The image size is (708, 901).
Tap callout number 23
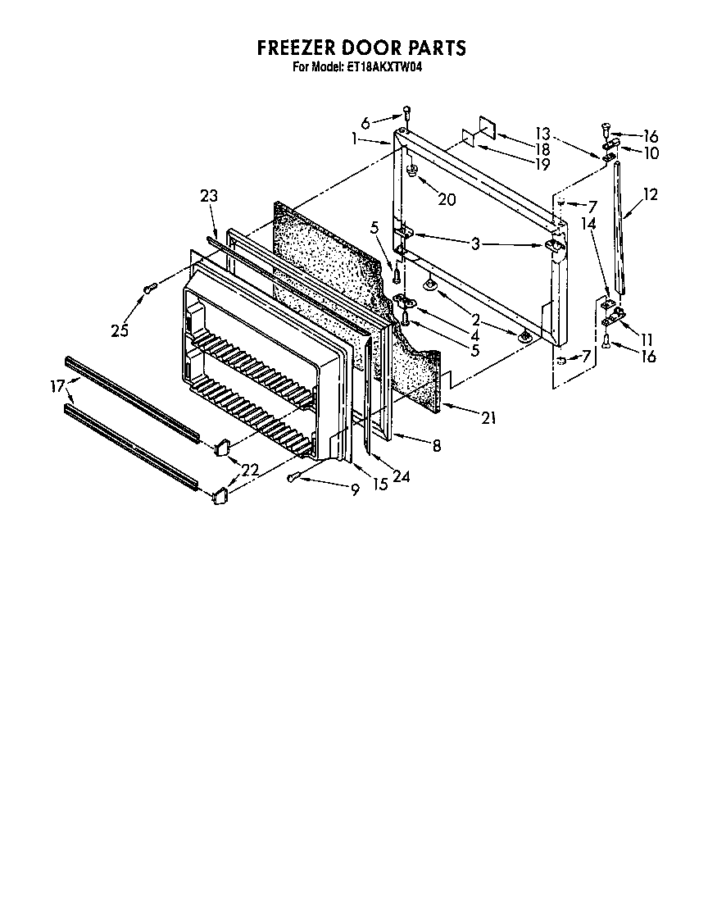coord(210,195)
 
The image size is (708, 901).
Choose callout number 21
coord(488,418)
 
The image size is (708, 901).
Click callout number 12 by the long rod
coord(650,195)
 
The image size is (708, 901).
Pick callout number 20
coord(447,199)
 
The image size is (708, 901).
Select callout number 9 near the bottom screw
coord(354,489)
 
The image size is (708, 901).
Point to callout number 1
coord(354,139)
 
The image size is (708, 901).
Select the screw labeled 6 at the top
coord(406,113)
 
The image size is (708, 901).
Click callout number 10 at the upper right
coord(651,152)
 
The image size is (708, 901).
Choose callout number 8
coord(437,445)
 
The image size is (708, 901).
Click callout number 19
coord(541,164)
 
